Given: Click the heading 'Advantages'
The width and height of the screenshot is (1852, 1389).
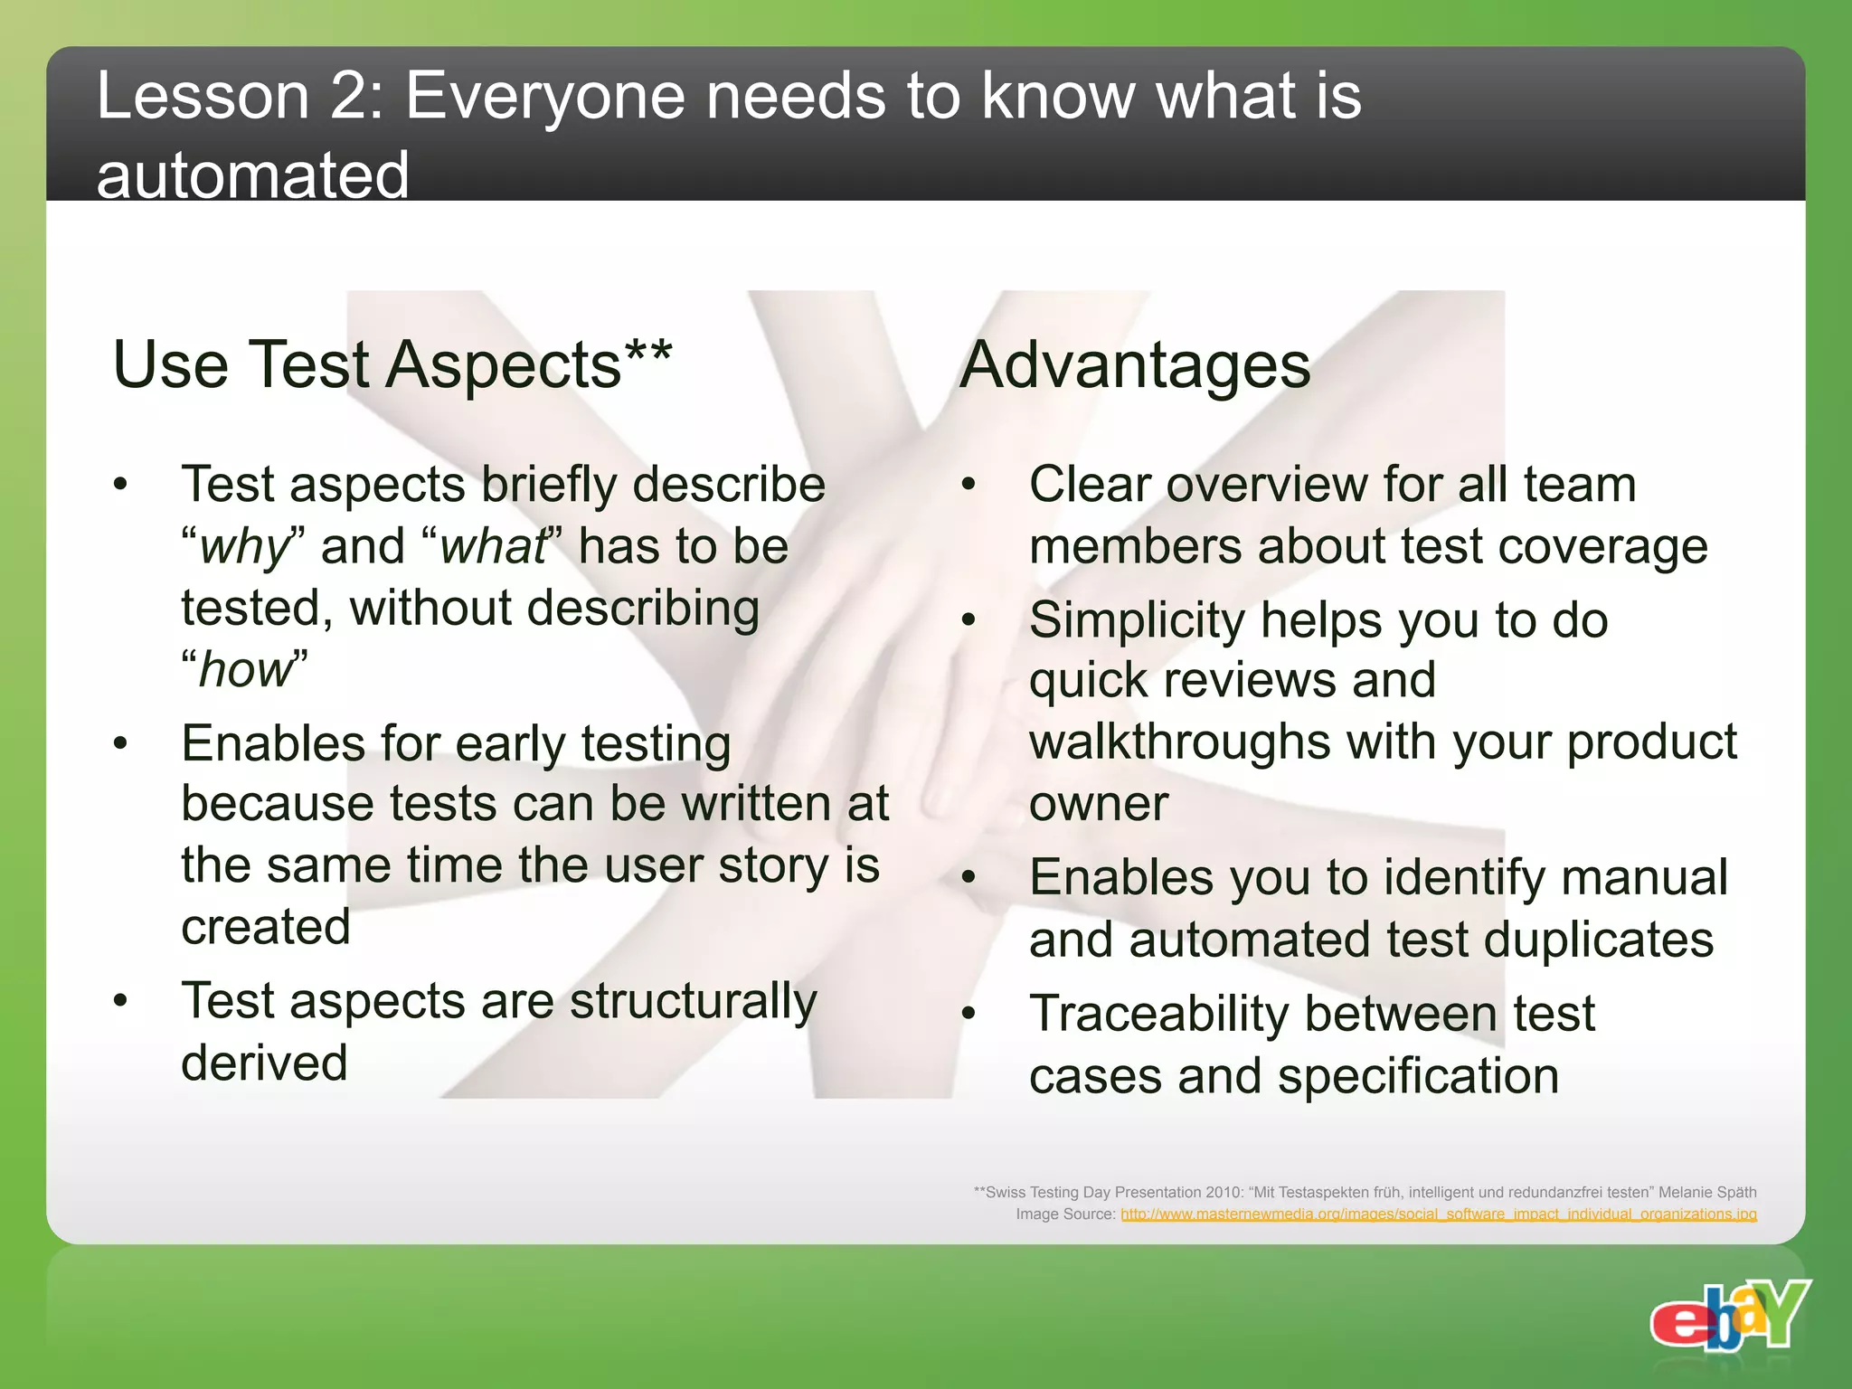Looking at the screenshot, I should tap(1135, 366).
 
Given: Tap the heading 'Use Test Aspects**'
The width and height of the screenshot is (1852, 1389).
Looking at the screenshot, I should tap(392, 365).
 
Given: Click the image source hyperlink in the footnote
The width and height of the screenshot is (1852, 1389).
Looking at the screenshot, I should tap(1438, 1214).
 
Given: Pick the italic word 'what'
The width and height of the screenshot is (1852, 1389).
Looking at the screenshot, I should tap(493, 547).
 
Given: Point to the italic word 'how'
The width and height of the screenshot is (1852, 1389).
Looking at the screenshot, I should tap(245, 670).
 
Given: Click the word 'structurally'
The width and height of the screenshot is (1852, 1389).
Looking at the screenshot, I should tap(694, 1002).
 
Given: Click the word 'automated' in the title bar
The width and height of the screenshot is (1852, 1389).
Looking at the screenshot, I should tap(252, 175).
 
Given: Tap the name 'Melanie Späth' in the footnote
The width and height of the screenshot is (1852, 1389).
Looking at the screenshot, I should tap(1707, 1192).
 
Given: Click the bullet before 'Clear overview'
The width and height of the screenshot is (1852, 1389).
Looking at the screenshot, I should tap(969, 485).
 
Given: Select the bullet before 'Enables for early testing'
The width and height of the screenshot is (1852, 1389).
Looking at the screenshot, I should tap(120, 744).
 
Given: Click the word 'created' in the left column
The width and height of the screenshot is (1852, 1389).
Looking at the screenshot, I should tap(266, 927).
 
